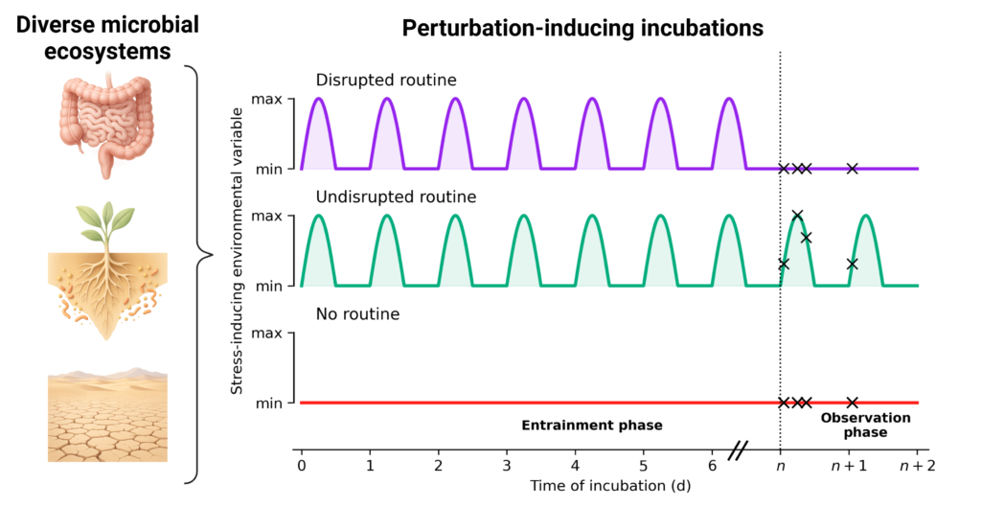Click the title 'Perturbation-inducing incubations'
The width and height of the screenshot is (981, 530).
582,28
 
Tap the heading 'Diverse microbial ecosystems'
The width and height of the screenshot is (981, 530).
107,36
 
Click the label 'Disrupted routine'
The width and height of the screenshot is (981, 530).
375,80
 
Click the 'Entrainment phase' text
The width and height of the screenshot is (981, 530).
591,425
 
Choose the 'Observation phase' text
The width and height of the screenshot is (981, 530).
852,425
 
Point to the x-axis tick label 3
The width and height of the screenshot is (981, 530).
507,466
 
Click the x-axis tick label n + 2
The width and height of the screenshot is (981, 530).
917,466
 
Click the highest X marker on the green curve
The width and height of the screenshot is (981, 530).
797,216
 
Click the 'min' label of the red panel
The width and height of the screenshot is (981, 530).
268,403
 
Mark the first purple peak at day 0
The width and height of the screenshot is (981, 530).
318,101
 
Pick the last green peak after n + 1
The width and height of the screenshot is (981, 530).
866,218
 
